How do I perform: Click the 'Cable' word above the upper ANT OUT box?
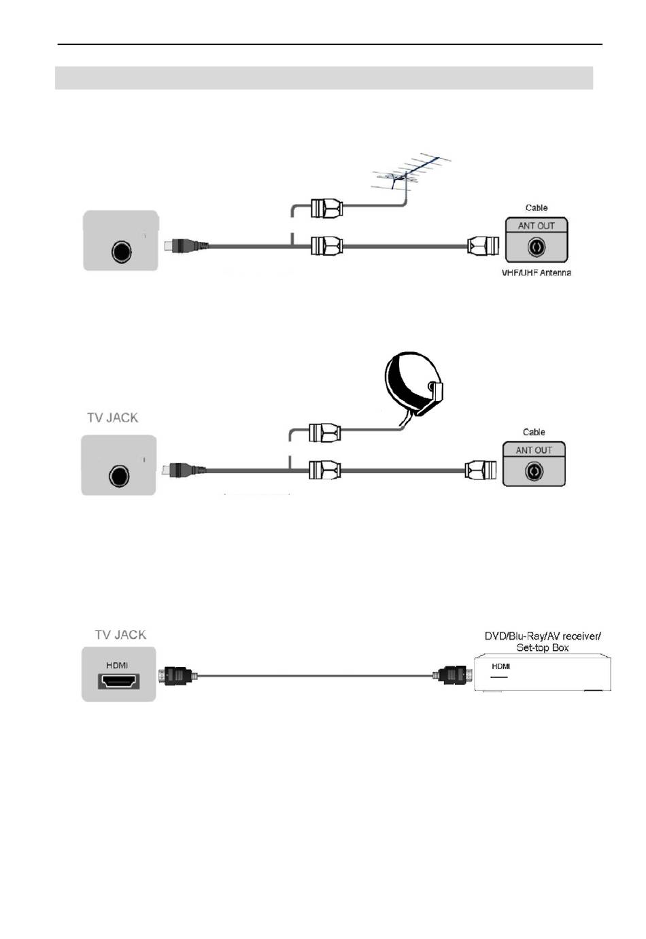[527, 204]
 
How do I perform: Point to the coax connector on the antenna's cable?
[321, 204]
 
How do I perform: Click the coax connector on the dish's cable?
[319, 425]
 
